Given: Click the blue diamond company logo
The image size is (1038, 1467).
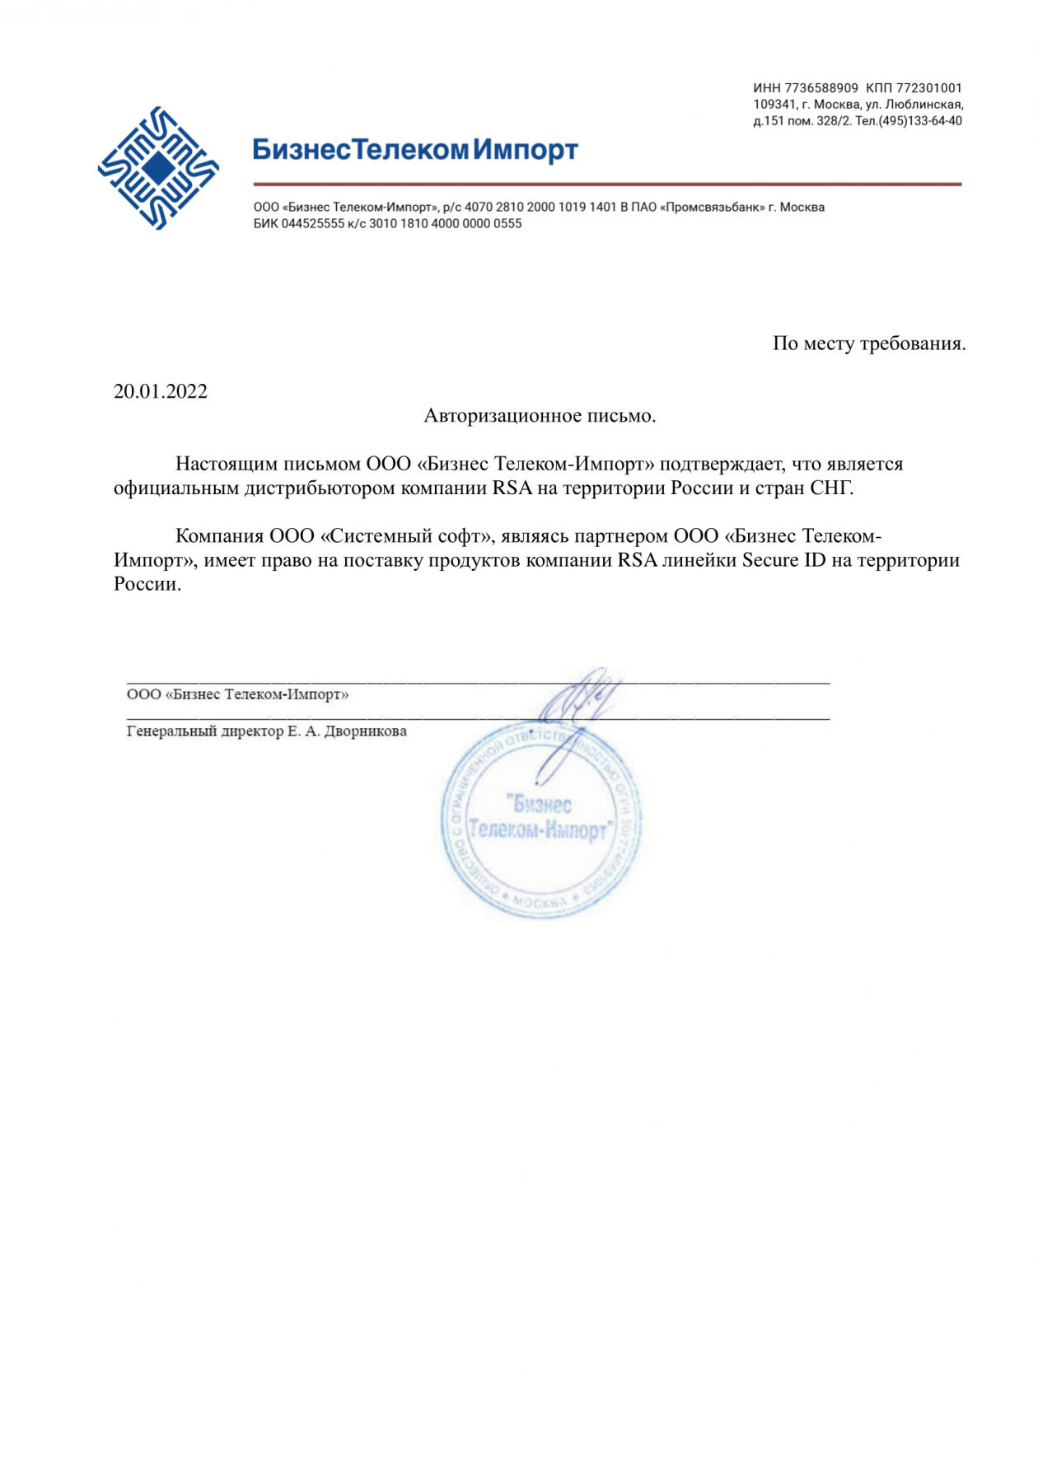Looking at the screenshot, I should point(158,167).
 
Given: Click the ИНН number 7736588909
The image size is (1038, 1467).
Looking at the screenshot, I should point(821,88).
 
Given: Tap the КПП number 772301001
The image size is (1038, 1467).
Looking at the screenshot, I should point(928,88).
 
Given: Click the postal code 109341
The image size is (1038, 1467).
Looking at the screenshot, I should point(774,105).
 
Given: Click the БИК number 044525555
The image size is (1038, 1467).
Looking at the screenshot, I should point(313,224).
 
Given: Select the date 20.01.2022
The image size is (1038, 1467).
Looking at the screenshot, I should point(161,391).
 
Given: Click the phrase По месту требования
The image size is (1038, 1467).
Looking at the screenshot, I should point(868,343).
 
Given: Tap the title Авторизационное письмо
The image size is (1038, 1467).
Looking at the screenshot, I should point(540,416).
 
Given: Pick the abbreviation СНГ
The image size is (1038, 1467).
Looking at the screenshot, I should point(831,488).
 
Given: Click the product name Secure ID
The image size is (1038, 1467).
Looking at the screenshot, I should point(783,560).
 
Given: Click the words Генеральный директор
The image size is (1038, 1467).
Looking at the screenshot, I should point(205,731).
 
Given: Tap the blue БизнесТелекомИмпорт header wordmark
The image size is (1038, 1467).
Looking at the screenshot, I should point(415,150).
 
